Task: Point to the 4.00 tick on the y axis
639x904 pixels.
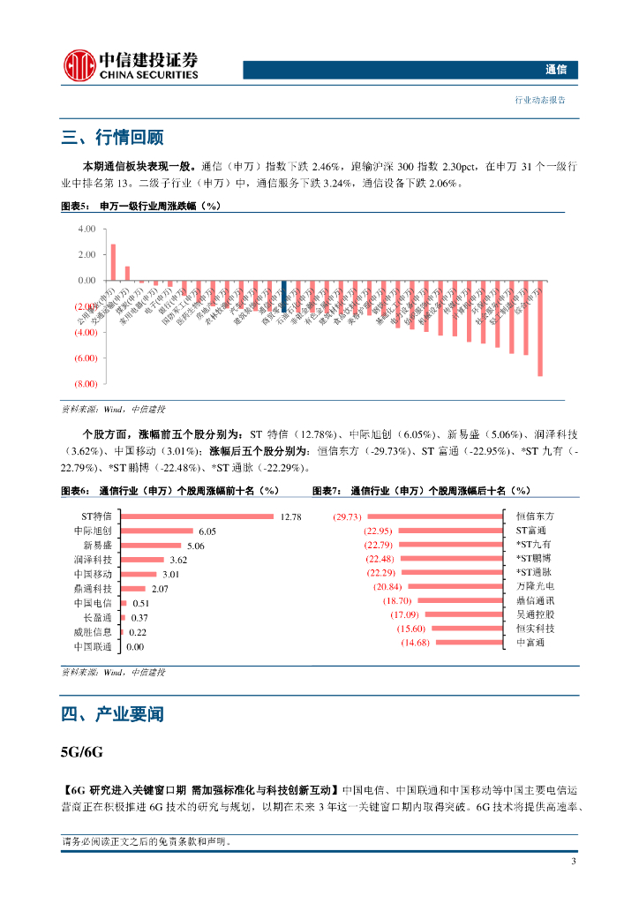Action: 86,229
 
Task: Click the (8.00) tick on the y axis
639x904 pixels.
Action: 86,385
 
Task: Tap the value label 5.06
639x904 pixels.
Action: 196,546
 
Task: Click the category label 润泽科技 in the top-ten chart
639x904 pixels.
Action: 93,560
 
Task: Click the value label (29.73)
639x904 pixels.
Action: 348,516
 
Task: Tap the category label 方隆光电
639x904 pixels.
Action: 536,586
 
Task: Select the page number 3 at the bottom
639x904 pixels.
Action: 574,862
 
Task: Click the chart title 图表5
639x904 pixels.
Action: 75,206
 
